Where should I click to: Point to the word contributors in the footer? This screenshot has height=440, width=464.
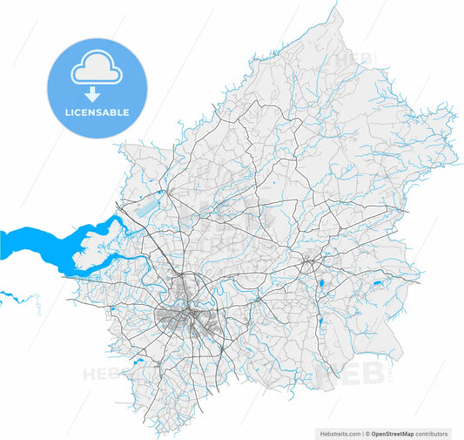click(432, 433)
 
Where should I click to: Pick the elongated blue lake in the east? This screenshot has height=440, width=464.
click(376, 283)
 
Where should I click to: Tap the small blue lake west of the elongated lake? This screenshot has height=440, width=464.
click(321, 284)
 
